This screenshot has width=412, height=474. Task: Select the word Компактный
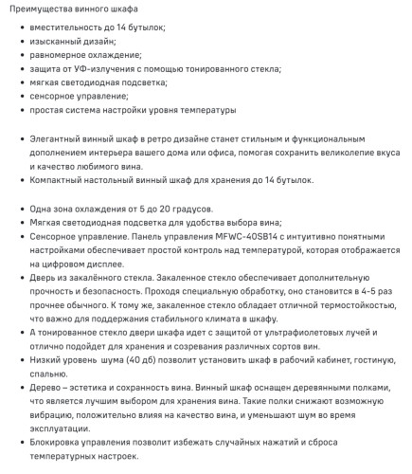[58, 179]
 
